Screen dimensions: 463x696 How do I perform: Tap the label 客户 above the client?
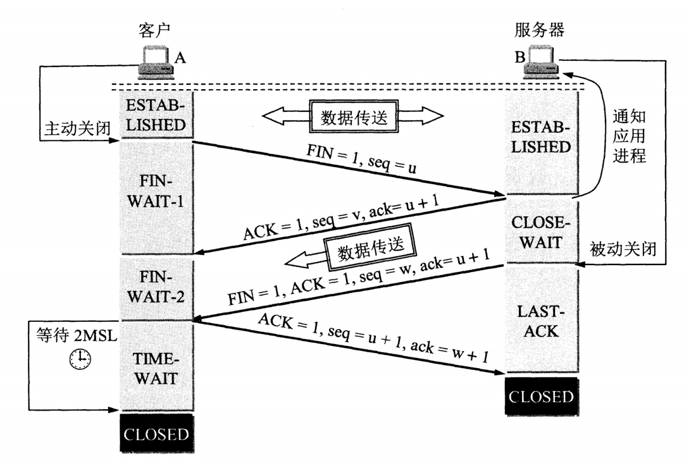tap(155, 30)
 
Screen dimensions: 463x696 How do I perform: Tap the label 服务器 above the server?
tap(540, 29)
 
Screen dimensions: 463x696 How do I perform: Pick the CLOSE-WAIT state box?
tap(540, 231)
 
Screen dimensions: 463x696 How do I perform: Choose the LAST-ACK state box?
tap(540, 320)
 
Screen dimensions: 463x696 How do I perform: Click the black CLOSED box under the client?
tap(156, 435)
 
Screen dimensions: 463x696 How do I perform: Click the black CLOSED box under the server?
tap(541, 397)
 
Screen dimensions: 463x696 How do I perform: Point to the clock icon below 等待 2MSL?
tap(80, 359)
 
